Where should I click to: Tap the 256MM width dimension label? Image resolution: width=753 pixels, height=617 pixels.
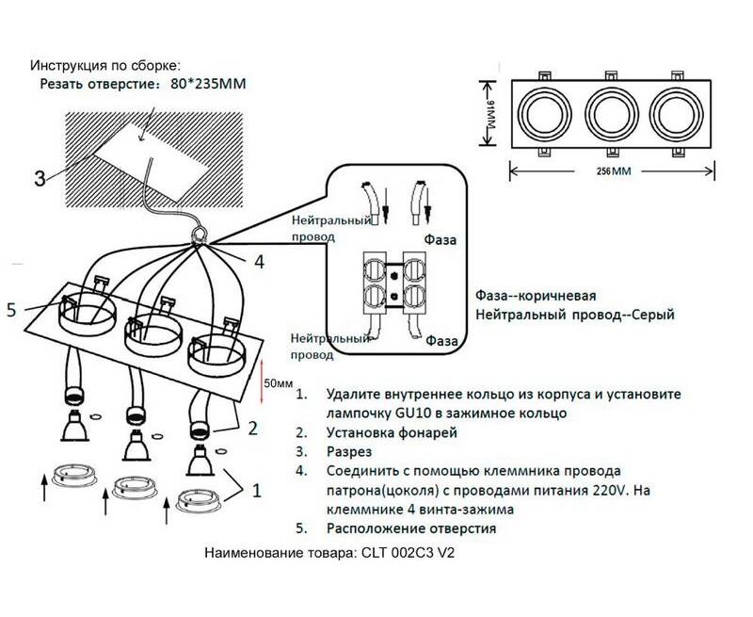[x=612, y=172]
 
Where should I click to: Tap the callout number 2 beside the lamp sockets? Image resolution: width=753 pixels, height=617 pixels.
[x=251, y=429]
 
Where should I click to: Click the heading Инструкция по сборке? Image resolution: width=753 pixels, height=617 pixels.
[x=104, y=66]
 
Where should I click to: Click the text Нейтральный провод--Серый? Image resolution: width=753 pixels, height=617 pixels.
[x=576, y=314]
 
